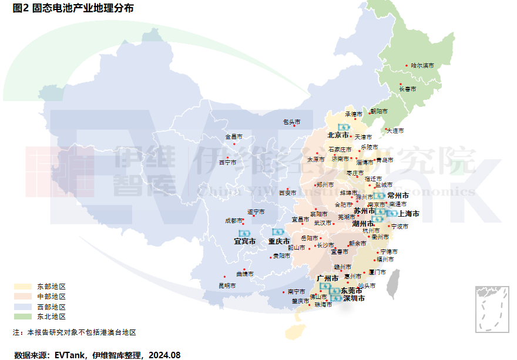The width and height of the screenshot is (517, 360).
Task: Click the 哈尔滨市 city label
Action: tap(422, 65)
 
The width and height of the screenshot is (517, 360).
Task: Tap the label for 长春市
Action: tap(407, 89)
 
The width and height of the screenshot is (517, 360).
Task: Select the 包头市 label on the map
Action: tap(291, 122)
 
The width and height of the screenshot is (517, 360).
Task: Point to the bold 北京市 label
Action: tap(338, 136)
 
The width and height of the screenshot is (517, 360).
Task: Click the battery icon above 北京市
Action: tap(343, 127)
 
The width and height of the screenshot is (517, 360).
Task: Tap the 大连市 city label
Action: tap(395, 130)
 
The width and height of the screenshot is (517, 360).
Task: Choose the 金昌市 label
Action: tap(233, 137)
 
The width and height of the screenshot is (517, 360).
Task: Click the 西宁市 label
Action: tap(227, 162)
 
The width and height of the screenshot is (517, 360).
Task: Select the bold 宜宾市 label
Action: tap(245, 241)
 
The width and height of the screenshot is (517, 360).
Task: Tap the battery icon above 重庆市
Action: tap(278, 233)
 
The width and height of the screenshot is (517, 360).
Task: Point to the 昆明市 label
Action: tap(227, 285)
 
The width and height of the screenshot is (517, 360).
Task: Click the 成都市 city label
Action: tap(233, 221)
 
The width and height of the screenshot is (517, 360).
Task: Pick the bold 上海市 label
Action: tap(408, 214)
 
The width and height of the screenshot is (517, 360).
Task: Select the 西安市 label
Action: tap(287, 193)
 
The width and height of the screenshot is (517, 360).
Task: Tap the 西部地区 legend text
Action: tap(51, 307)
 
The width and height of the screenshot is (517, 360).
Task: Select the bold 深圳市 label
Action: tap(354, 298)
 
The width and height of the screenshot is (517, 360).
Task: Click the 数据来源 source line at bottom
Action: tap(97, 355)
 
